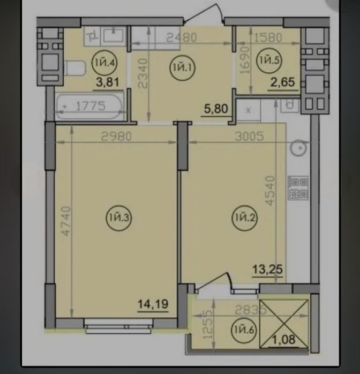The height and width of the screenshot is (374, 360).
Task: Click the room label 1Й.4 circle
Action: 104,63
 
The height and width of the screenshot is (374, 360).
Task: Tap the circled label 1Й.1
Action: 182,68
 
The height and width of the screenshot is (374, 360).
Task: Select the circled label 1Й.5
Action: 269,60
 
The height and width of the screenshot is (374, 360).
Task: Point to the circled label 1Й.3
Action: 119,218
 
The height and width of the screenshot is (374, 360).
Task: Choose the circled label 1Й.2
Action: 244,218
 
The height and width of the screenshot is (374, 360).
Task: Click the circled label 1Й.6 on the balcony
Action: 244,330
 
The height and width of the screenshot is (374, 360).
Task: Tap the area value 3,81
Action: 108,82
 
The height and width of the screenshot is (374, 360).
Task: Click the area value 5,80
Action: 216,109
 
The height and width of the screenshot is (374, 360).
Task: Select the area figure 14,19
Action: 153,304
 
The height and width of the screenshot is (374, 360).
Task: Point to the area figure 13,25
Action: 267,270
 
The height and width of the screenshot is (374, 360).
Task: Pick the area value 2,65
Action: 283,82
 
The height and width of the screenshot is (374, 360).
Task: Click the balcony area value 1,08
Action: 284,339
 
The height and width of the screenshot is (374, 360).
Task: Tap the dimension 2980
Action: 116,136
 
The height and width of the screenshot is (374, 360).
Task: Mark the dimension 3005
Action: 249,136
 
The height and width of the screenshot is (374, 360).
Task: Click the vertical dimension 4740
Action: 66,221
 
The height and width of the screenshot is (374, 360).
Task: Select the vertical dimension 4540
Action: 270,190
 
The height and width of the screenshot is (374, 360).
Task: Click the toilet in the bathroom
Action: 74,68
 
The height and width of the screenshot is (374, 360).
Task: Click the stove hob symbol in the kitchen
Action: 298,188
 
